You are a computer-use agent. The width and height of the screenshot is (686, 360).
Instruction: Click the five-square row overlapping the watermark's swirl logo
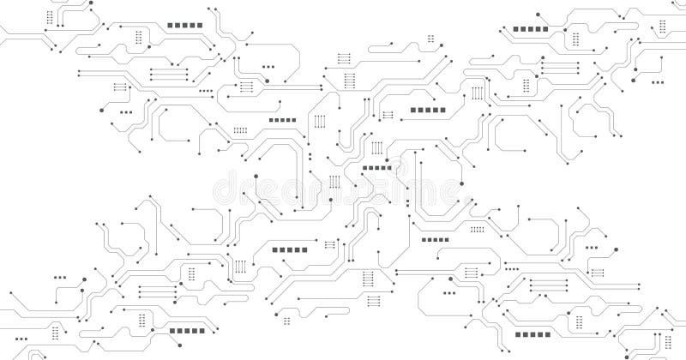(376, 168)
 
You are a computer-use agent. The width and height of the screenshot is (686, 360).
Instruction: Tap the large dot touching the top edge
(537, 15)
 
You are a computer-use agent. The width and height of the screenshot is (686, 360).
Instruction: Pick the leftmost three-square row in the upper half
(126, 111)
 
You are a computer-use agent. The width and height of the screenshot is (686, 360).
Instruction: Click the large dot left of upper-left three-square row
(101, 111)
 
